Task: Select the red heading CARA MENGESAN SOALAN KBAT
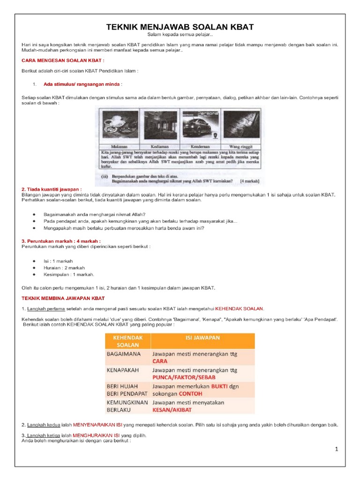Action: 63,60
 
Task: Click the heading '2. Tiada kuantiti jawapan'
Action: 55,189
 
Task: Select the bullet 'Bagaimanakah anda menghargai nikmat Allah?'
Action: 88,214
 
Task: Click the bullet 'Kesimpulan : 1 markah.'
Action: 69,274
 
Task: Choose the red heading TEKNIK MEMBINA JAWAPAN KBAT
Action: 63,298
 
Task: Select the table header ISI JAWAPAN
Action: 201,337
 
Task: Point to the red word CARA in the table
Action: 160,361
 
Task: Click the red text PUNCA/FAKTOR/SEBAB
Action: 183,377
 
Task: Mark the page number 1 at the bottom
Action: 337,449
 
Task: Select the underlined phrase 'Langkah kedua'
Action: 44,425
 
